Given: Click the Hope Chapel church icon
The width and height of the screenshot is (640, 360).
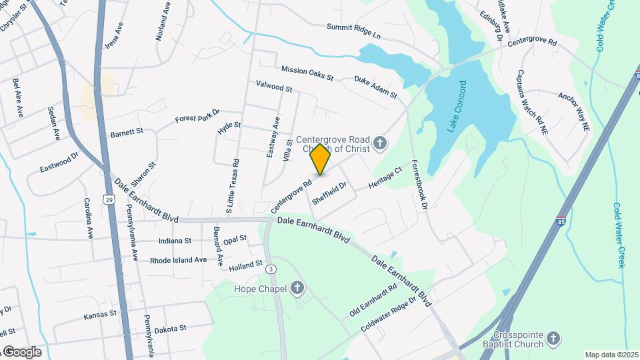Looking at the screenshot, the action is [x=297, y=289].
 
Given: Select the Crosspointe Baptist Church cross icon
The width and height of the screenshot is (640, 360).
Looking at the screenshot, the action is [x=553, y=339].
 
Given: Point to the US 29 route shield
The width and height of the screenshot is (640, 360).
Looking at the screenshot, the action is [x=108, y=199].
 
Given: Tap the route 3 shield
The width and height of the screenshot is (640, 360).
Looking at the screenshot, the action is [x=271, y=269].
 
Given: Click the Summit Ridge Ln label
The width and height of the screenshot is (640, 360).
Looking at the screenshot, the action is [x=353, y=31].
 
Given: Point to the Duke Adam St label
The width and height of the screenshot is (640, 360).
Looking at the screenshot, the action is [x=375, y=87].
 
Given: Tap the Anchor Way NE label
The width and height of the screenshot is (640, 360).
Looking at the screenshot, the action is [x=574, y=111].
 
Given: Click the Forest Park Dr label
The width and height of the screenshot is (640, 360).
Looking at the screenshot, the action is [x=197, y=115].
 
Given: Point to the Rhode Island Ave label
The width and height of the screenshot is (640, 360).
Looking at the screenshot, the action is [x=178, y=260].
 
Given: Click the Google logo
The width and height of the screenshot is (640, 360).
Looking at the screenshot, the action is [x=22, y=351].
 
